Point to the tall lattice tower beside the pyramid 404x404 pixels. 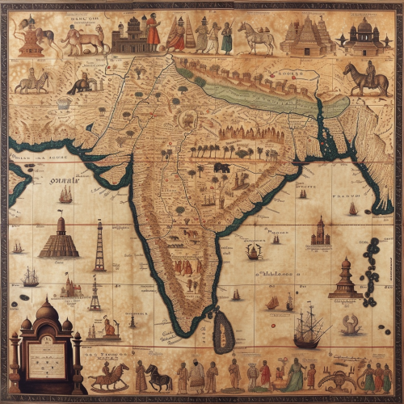coord(99,246)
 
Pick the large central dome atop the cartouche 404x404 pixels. coord(47,310)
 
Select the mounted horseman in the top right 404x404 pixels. coord(365,79)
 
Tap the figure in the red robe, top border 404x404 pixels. coord(153,32)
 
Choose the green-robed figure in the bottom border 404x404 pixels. coord(294,375)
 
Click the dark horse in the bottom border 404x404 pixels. coord(158,377)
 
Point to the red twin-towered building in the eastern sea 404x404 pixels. coord(321,232)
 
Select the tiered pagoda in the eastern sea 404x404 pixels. coord(345,280)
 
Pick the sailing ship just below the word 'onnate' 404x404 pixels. coord(65,195)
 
